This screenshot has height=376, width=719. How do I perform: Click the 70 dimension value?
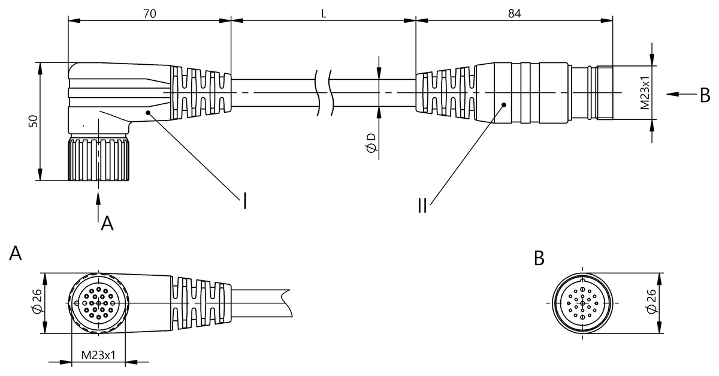coord(150,14)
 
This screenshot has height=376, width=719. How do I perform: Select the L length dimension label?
coord(324,14)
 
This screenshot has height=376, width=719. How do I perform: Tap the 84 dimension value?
coord(515,14)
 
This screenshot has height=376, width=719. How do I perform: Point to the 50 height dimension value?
coord(33,121)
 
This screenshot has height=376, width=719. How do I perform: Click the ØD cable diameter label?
coord(370,143)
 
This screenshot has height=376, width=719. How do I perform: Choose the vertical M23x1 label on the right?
coord(645,93)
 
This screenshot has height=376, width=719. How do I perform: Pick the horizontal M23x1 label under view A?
coord(98,355)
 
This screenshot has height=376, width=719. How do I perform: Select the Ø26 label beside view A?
coord(37,301)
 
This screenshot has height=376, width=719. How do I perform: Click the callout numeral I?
coord(245,201)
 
